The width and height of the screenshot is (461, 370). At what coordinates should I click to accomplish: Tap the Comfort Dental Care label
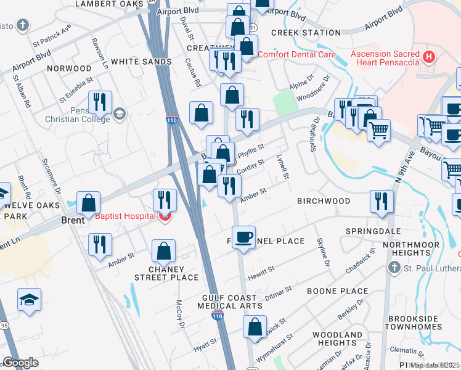(296, 54)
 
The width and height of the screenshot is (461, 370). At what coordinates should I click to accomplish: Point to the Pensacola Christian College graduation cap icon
(118, 113)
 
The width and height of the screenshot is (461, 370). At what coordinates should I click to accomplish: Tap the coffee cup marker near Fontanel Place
(244, 237)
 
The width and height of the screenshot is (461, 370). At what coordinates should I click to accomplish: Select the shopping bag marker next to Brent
(89, 202)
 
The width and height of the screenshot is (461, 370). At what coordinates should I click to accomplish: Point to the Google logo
(20, 363)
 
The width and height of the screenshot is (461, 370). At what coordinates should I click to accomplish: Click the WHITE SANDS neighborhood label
(141, 62)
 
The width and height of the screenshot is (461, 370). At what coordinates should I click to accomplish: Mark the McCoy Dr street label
(180, 314)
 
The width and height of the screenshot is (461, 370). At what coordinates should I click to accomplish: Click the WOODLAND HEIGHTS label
(337, 339)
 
